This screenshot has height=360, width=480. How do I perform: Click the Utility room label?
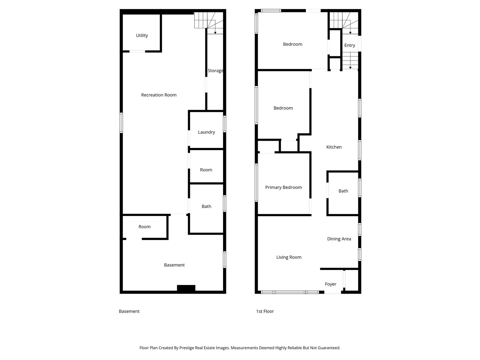[142, 35]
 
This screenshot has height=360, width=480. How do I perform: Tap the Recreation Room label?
[159, 95]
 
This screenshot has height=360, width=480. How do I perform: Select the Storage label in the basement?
[215, 71]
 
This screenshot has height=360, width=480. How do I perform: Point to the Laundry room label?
[206, 132]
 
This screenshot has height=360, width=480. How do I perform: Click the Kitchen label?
[334, 147]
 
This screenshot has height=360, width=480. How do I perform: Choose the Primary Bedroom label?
[283, 187]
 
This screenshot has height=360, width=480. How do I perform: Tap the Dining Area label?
[339, 239]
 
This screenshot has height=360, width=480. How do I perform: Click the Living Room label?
[289, 257]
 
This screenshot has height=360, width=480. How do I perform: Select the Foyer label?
[330, 284]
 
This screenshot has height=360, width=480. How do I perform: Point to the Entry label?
[349, 45]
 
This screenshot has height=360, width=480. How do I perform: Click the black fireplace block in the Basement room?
[186, 288]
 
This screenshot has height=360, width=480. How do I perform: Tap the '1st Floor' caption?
[265, 311]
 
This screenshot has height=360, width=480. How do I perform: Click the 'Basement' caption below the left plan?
[129, 311]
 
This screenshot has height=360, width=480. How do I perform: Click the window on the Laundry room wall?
[224, 124]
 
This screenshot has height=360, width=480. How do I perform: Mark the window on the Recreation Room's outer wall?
[121, 123]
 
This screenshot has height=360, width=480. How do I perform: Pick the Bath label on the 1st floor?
[343, 191]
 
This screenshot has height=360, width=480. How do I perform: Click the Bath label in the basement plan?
[206, 207]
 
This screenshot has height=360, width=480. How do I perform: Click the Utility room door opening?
[137, 51]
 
